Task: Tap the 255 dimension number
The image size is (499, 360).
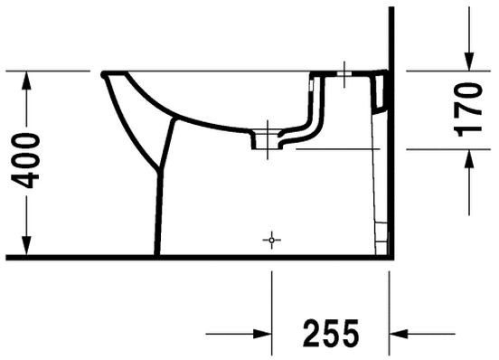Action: coord(329,332)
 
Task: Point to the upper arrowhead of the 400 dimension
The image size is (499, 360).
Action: coord(28,81)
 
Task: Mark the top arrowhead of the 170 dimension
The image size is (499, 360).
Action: coord(468,60)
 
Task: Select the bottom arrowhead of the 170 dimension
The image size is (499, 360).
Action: coord(468,159)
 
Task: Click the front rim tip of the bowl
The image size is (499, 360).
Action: coord(106,73)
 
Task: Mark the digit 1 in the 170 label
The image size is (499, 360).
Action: coord(468,129)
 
